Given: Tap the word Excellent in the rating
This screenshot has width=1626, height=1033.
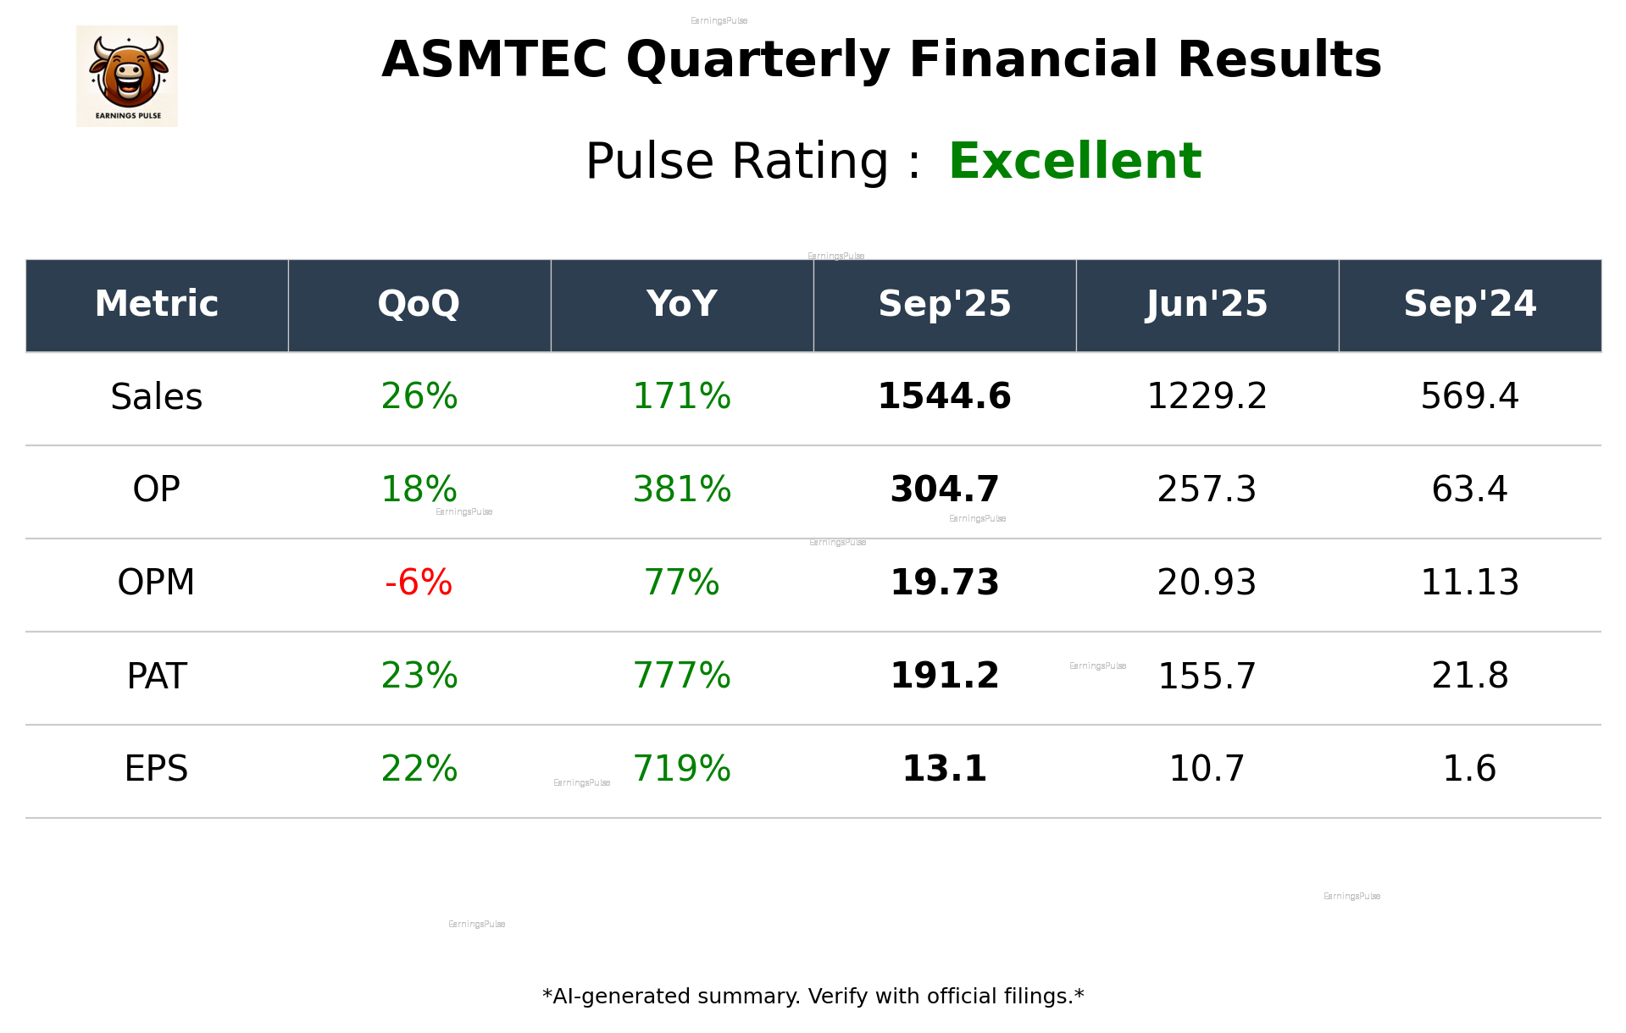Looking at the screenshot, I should tap(1074, 161).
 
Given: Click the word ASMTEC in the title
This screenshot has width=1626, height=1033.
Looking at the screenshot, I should tap(494, 60).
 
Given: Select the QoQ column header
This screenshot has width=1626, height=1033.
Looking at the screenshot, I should tap(419, 304).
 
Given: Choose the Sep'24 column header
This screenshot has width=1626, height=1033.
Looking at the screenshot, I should tap(1469, 304).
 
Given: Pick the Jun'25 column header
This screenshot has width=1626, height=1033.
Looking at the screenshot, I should tap(1207, 304).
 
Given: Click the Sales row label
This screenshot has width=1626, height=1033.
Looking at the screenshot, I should tap(157, 397).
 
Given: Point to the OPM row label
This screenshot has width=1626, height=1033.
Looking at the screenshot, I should tap(157, 583).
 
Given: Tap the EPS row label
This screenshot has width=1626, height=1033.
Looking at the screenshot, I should tap(157, 769).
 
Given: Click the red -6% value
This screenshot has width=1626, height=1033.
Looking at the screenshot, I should tap(419, 583).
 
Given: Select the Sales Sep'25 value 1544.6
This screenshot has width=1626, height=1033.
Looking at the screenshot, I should tap(944, 397).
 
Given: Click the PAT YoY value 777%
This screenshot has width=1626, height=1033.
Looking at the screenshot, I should tap(681, 676).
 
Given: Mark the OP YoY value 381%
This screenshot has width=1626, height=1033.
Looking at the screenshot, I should tap(681, 489).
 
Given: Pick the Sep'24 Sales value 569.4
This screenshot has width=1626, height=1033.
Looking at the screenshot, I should tap(1469, 397).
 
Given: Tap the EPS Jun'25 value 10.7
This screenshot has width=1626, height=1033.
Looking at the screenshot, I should tap(1207, 769).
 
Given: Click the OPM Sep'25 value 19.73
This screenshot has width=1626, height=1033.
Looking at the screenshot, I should tap(944, 583).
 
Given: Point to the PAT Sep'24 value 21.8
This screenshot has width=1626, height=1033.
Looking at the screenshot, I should tap(1469, 676).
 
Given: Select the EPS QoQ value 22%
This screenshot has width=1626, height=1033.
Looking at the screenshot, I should tap(419, 769).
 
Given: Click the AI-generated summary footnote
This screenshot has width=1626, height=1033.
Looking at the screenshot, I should tap(813, 997).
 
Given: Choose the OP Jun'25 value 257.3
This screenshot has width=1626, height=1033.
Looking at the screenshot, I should tap(1207, 489).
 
